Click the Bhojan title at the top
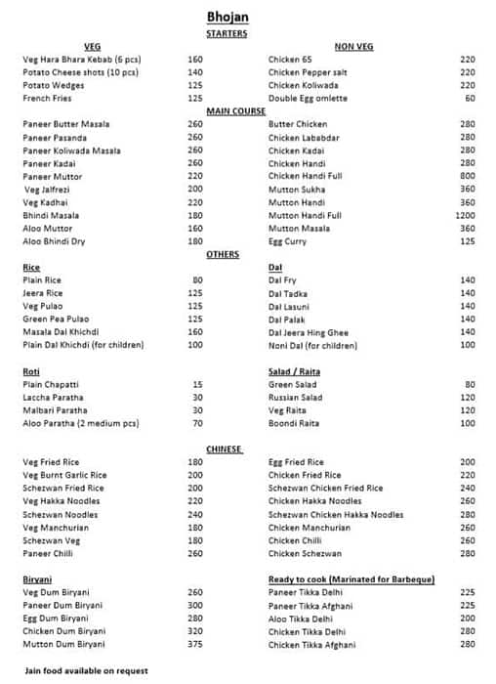[227, 17]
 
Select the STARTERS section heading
[227, 33]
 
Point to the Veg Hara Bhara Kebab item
[81, 60]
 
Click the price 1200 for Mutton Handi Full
[465, 215]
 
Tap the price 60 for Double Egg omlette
[470, 99]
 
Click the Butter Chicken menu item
[298, 124]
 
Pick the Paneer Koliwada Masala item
[71, 150]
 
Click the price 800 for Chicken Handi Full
[467, 176]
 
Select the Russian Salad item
[295, 398]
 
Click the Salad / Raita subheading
[294, 371]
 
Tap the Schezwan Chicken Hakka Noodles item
[335, 515]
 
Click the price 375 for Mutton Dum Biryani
[194, 645]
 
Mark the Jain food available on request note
[85, 671]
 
